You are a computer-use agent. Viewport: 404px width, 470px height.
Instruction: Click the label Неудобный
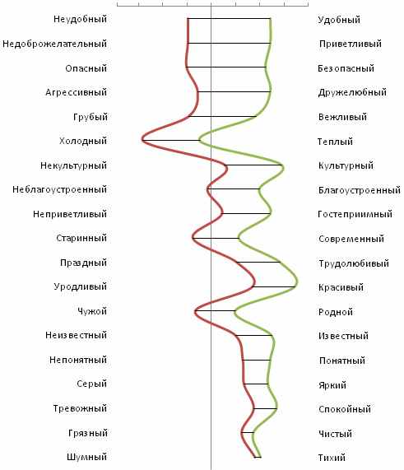(81, 19)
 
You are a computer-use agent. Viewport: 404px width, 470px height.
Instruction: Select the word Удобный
(339, 20)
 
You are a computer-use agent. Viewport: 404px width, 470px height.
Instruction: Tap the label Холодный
(83, 141)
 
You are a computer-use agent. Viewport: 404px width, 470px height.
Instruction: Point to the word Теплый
(335, 142)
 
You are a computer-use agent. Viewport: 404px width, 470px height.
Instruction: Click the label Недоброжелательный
(54, 44)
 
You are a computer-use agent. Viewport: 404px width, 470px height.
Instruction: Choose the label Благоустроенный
(360, 190)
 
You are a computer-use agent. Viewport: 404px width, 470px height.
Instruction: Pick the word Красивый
(341, 287)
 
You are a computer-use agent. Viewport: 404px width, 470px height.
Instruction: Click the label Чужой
(92, 311)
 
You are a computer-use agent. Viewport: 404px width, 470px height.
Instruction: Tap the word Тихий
(332, 458)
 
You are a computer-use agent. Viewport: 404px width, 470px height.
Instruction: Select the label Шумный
(86, 457)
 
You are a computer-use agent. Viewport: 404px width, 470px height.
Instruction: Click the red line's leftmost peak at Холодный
(142, 140)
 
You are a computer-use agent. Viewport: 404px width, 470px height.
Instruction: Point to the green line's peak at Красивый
(297, 282)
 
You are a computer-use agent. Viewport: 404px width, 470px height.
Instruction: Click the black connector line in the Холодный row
(171, 140)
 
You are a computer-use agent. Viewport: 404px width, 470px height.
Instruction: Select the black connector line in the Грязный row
(248, 432)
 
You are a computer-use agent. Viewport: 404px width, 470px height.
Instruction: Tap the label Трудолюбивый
(354, 263)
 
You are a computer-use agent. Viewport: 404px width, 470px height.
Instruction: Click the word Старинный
(81, 238)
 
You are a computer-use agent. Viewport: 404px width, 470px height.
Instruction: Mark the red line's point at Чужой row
(195, 311)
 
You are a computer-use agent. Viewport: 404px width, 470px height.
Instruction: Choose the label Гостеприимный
(355, 214)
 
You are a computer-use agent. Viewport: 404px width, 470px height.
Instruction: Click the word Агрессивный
(77, 92)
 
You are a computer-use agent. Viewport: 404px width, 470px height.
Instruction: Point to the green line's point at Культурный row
(282, 165)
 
